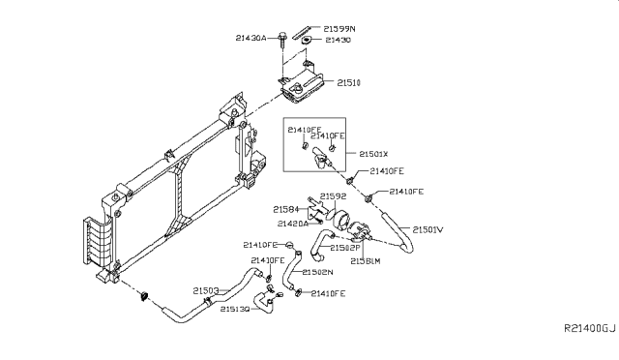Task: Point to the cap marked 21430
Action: click(x=306, y=42)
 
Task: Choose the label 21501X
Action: click(x=374, y=153)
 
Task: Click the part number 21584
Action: click(x=285, y=209)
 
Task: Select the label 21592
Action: click(x=334, y=196)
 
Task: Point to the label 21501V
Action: click(x=428, y=229)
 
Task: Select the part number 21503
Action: click(x=205, y=289)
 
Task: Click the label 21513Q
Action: click(x=235, y=309)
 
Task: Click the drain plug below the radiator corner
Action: click(x=146, y=293)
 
